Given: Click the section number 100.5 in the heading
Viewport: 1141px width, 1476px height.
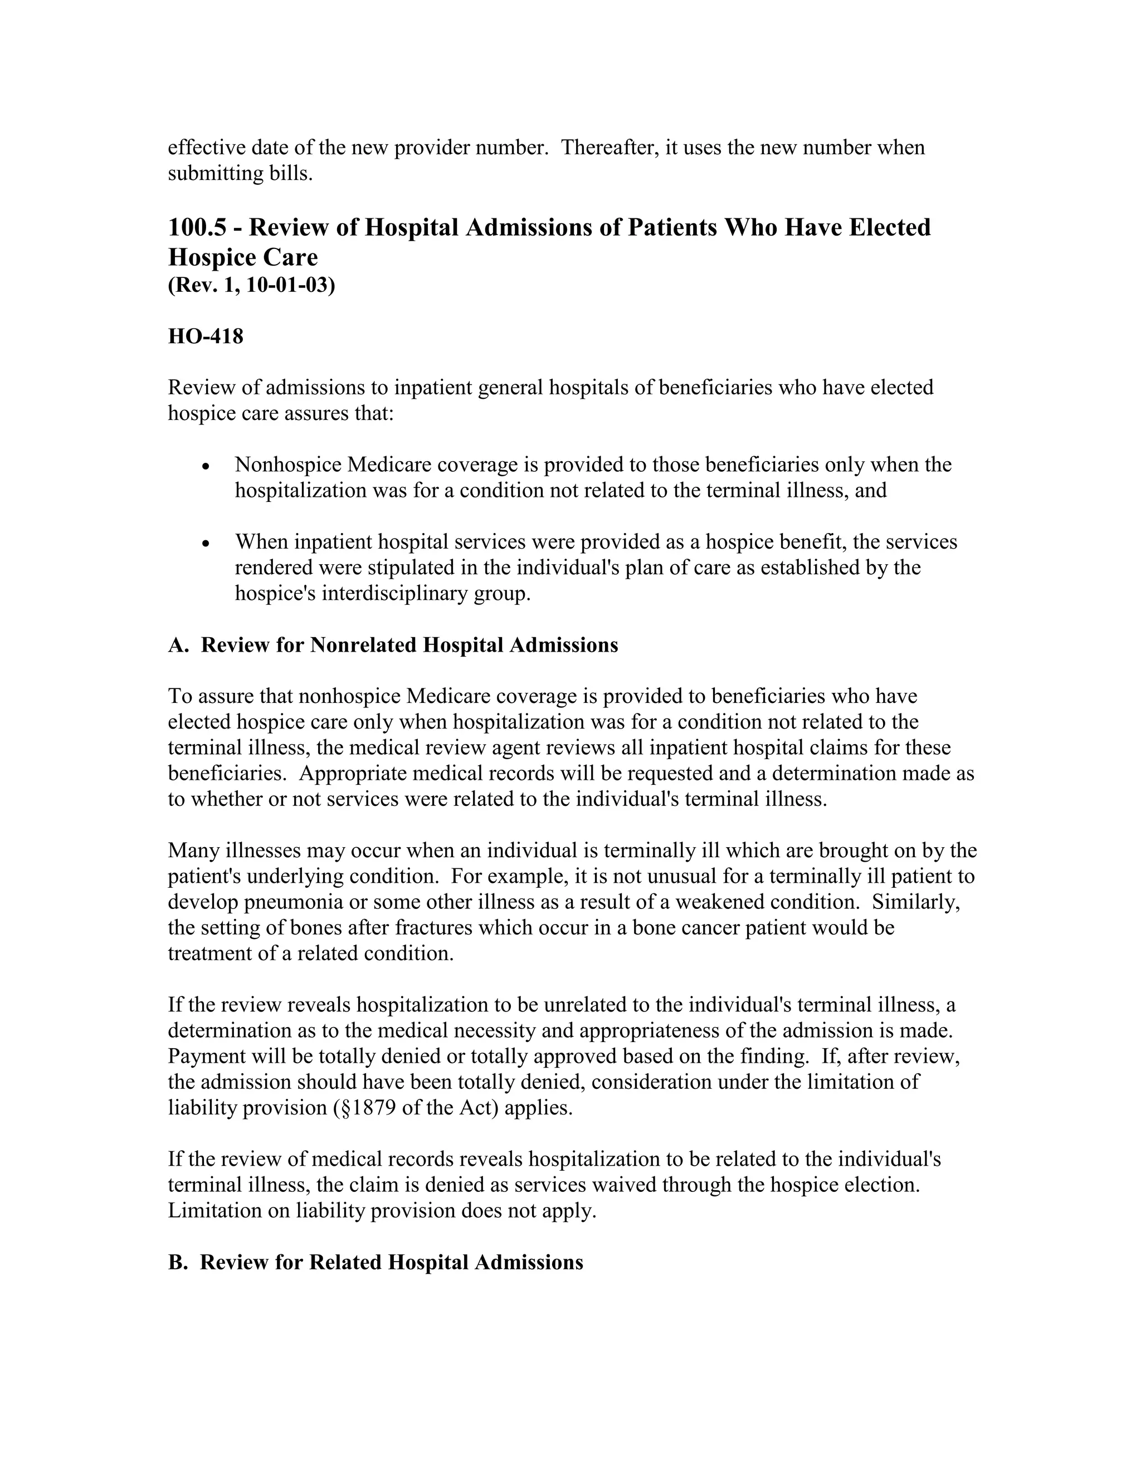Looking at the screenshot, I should pos(196,228).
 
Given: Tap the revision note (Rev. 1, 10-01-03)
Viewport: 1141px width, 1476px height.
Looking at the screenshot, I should pos(251,285).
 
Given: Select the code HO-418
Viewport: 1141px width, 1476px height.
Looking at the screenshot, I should pos(206,336).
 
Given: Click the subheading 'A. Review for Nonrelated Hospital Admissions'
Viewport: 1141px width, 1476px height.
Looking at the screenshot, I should pos(393,646).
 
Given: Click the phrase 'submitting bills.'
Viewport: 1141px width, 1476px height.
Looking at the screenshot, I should pos(241,174).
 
